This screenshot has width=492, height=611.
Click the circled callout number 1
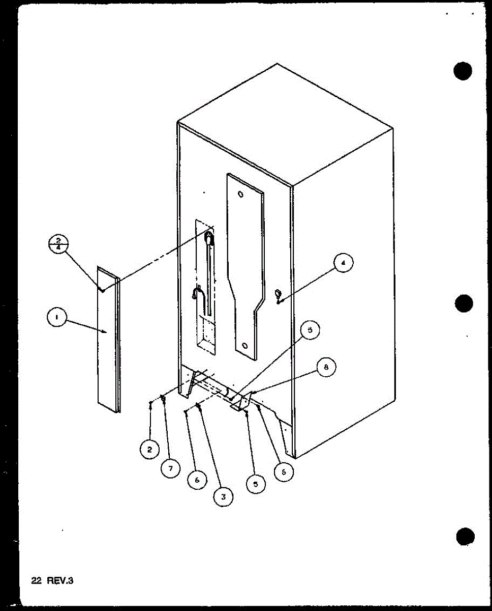56,319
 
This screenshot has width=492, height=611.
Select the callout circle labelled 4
344,263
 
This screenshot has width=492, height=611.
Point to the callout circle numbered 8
326,367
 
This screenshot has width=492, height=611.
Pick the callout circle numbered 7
171,467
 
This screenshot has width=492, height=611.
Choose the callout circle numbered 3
223,495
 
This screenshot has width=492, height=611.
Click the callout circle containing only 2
149,449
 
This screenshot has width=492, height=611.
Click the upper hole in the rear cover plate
241,194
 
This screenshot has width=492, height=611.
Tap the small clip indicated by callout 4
278,294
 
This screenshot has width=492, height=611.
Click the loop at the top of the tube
208,236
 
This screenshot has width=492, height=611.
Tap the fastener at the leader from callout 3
199,406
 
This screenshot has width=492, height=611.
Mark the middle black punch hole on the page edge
464,304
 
